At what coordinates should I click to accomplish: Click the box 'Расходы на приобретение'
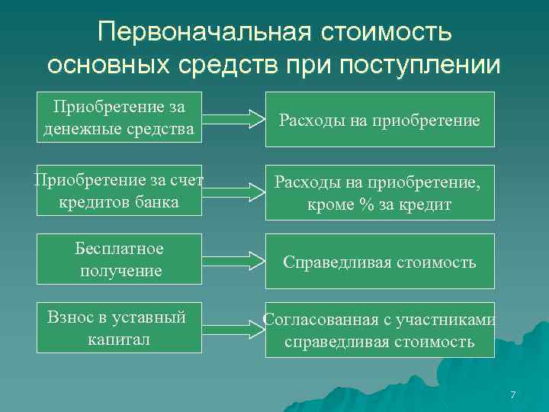point(380,119)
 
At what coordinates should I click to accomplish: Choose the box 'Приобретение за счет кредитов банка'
point(119,191)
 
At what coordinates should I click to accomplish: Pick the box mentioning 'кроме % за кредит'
point(380,193)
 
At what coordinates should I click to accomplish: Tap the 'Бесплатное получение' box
point(119,260)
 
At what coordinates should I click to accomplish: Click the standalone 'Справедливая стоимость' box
point(380,262)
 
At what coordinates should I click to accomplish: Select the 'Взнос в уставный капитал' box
point(119,328)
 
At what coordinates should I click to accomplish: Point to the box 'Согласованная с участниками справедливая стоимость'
point(380,330)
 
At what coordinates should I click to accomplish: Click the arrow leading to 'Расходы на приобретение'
point(233,119)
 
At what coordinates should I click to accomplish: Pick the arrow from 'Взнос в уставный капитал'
point(233,330)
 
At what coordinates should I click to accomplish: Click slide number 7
point(512,394)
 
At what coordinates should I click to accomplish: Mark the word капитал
point(119,339)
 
